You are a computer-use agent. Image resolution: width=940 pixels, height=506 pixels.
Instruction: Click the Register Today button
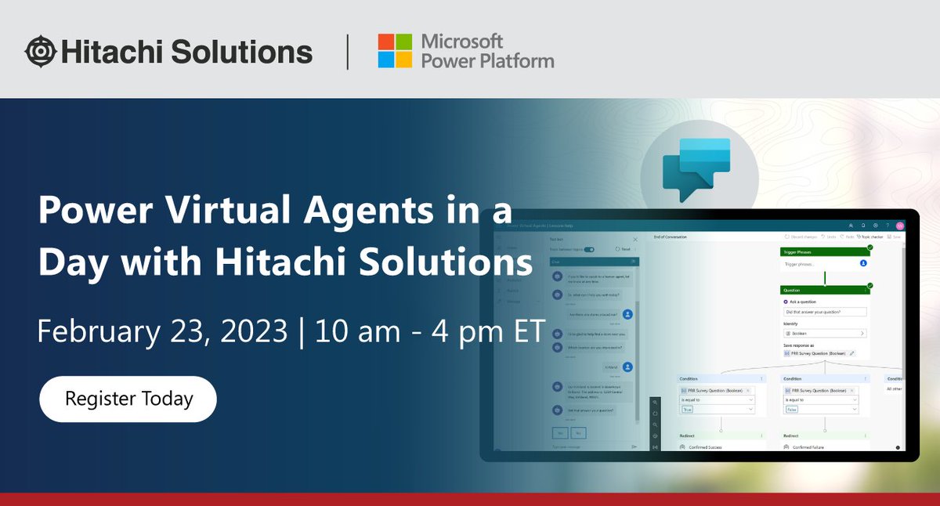128,398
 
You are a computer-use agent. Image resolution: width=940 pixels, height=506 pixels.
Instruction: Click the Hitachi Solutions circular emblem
40,52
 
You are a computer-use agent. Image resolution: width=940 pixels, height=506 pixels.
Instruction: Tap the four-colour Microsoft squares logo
395,51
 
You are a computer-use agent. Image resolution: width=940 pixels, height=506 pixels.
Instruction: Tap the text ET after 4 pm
527,331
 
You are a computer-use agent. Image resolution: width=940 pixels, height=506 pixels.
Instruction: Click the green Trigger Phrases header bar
823,251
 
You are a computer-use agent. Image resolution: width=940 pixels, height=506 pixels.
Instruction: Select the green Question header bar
823,289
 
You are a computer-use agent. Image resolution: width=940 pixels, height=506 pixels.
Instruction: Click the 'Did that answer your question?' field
824,312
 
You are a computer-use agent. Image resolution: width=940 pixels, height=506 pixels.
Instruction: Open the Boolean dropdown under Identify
824,333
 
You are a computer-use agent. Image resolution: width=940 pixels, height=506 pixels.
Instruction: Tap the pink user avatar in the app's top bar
900,225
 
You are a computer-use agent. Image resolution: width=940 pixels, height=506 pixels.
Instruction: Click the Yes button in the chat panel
559,432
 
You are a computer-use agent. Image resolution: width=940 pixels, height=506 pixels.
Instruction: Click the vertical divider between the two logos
348,52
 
